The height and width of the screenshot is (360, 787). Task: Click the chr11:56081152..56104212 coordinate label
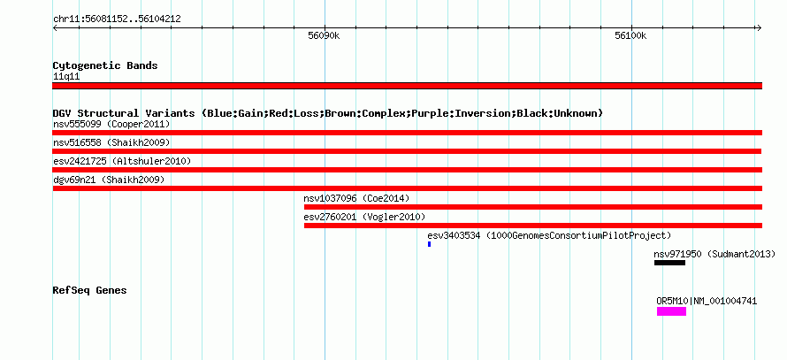pyautogui.click(x=117, y=19)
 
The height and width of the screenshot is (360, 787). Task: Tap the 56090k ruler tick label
pyautogui.click(x=324, y=35)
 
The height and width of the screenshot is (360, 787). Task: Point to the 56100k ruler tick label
pyautogui.click(x=630, y=35)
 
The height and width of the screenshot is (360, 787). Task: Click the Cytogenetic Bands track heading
pyautogui.click(x=105, y=65)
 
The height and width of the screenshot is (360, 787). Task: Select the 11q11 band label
pyautogui.click(x=66, y=77)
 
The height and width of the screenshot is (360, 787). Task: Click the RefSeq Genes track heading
pyautogui.click(x=89, y=290)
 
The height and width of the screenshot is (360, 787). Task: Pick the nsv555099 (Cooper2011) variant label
pyautogui.click(x=111, y=124)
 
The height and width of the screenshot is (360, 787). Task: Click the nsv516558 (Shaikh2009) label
pyautogui.click(x=111, y=143)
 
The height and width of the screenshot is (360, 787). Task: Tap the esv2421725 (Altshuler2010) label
pyautogui.click(x=122, y=161)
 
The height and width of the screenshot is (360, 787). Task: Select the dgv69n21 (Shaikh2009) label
pyautogui.click(x=109, y=180)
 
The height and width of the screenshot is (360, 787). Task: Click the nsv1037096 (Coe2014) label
pyautogui.click(x=356, y=199)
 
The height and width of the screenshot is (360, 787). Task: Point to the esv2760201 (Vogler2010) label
pyautogui.click(x=364, y=217)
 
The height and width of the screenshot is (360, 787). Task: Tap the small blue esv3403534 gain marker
pyautogui.click(x=429, y=244)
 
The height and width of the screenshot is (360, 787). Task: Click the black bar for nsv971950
pyautogui.click(x=669, y=263)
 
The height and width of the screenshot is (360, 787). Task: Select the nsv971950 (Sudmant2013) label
pyautogui.click(x=714, y=254)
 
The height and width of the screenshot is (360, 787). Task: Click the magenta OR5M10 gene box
pyautogui.click(x=671, y=311)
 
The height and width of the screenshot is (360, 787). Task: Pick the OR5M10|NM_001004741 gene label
pyautogui.click(x=707, y=302)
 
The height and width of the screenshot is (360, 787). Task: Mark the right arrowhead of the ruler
pyautogui.click(x=760, y=27)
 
